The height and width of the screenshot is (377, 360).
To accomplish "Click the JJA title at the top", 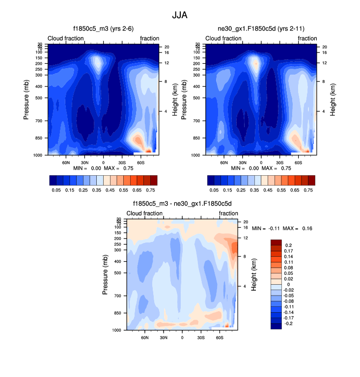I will click(x=179, y=15).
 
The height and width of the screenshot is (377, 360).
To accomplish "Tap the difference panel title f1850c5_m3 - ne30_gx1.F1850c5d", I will click(x=182, y=203).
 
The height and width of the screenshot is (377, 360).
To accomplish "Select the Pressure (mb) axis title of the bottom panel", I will click(x=105, y=274).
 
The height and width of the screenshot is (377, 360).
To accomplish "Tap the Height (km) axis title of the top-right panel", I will click(x=332, y=99).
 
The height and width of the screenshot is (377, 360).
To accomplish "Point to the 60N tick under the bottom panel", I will click(x=145, y=338).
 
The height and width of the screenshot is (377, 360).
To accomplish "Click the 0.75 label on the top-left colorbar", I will click(x=150, y=189).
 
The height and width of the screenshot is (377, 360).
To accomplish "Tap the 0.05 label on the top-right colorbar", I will click(x=214, y=189).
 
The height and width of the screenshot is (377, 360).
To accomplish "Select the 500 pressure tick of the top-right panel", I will click(x=198, y=98).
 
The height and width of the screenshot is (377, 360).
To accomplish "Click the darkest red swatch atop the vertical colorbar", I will click(x=276, y=242).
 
